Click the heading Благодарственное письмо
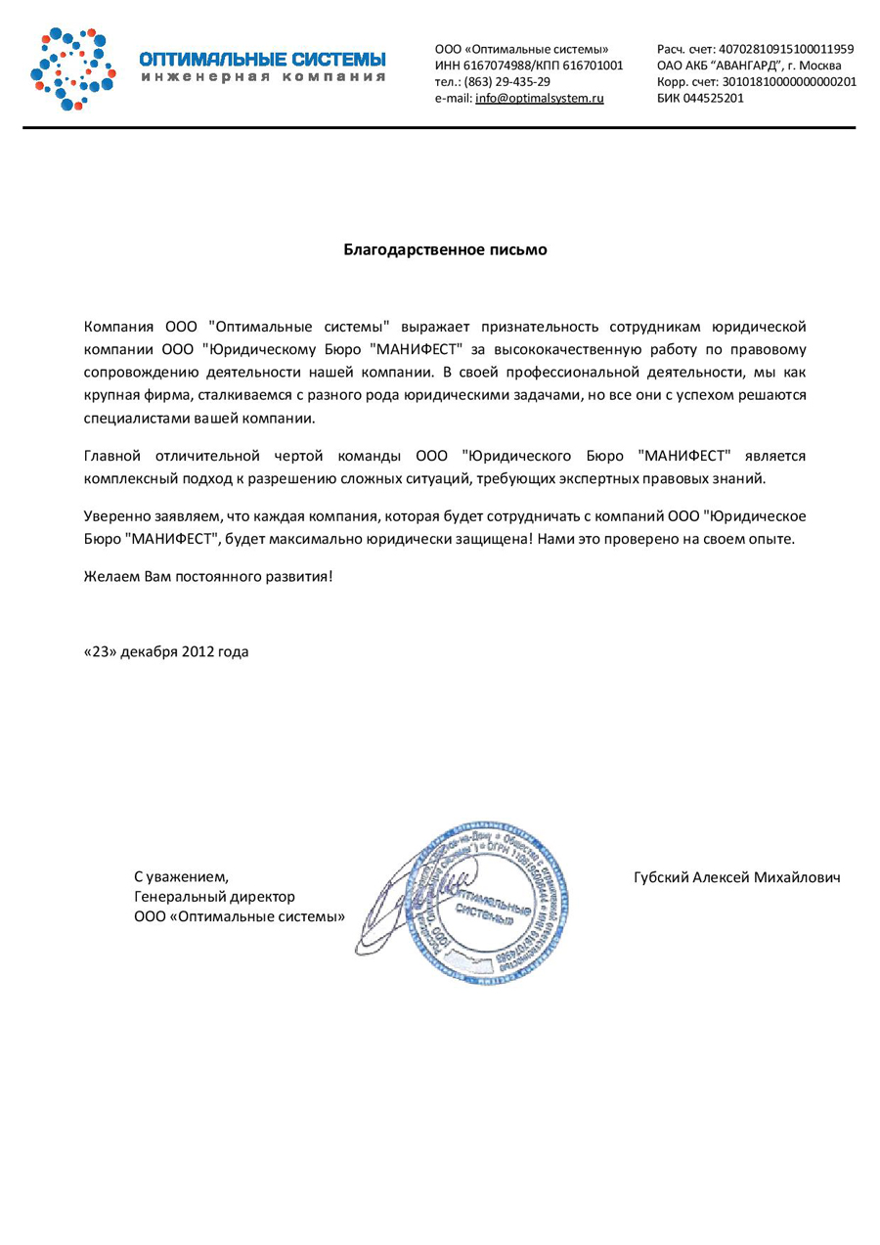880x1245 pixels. pyautogui.click(x=445, y=249)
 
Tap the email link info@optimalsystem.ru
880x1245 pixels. pyautogui.click(x=539, y=99)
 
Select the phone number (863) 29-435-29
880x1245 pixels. pyautogui.click(x=506, y=82)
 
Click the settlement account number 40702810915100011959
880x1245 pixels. pyautogui.click(x=786, y=49)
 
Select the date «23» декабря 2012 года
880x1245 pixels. pyautogui.click(x=166, y=651)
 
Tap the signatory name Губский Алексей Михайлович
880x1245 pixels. pyautogui.click(x=737, y=877)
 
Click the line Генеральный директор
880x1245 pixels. pyautogui.click(x=214, y=896)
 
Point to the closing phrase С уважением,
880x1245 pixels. pyautogui.click(x=181, y=877)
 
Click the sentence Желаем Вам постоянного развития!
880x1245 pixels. pyautogui.click(x=208, y=576)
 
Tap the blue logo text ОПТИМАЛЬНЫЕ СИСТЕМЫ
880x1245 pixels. pyautogui.click(x=262, y=59)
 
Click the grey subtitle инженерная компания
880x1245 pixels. pyautogui.click(x=262, y=76)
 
